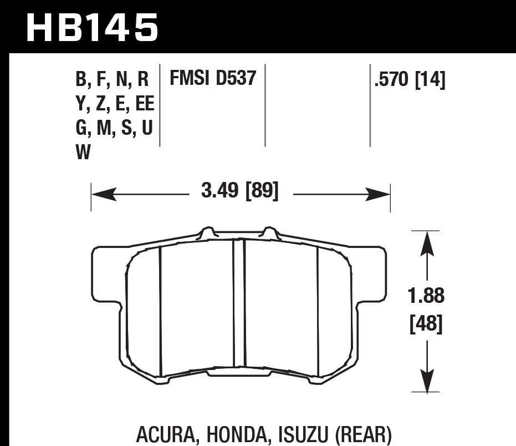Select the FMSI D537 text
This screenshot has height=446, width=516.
click(x=213, y=79)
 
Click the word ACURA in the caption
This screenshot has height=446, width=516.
click(x=164, y=433)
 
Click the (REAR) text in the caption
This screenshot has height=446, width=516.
click(x=364, y=433)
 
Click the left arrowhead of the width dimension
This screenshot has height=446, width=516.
click(x=103, y=195)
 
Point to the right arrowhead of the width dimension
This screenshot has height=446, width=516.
click(x=379, y=195)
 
